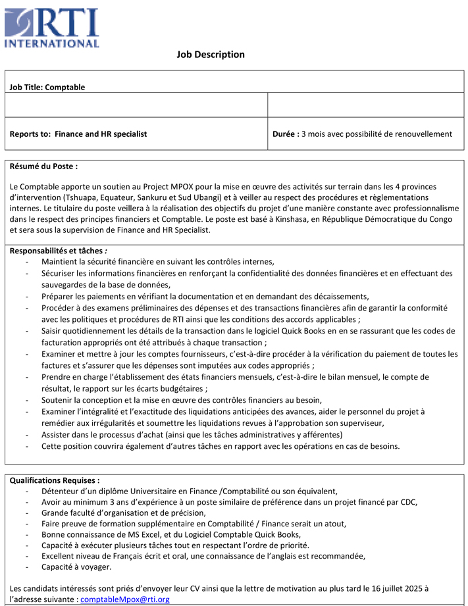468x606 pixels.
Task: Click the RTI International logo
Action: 52,28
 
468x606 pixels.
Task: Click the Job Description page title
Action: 211,55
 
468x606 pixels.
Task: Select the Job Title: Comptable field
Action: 47,87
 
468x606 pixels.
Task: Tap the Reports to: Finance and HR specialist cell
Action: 78,134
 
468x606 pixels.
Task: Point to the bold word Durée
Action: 286,134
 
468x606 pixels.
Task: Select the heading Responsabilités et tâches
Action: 58,251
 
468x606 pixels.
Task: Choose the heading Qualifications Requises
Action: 55,480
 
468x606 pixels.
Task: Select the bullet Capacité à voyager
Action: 76,567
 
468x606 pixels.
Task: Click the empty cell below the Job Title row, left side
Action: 136,105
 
